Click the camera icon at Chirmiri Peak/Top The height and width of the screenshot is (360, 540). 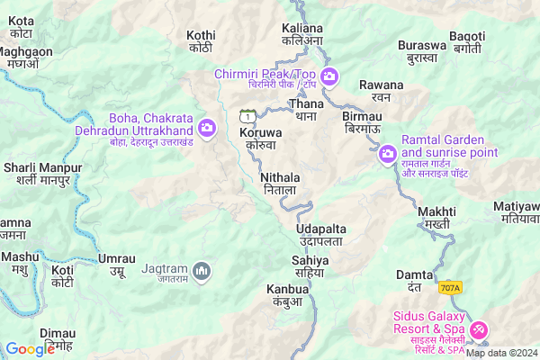(329, 77)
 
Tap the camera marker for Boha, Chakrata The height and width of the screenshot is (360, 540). (207, 128)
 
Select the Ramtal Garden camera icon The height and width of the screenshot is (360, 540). (387, 154)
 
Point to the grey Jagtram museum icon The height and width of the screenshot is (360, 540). (203, 270)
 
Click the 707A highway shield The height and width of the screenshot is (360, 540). (451, 288)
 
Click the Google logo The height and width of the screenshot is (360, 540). (30, 349)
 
